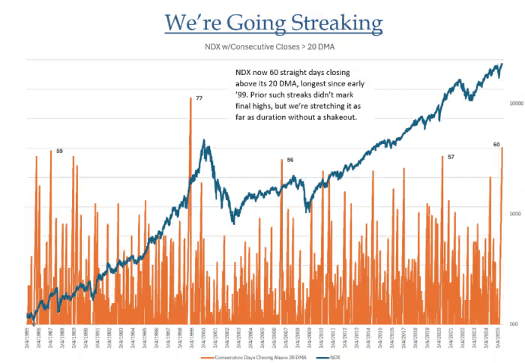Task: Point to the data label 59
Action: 59,151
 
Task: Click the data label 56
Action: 290,160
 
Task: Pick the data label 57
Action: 451,157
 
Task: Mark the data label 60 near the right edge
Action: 496,144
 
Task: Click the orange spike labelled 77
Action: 190,150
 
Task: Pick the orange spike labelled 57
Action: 442,195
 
